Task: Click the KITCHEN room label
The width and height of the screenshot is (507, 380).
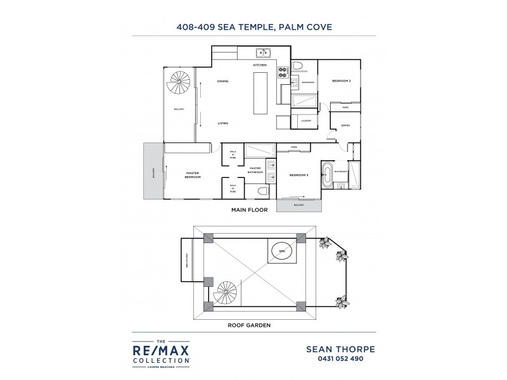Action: (260, 65)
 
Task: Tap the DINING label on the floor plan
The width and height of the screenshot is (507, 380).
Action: (222, 82)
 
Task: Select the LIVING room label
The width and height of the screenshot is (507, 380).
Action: (222, 123)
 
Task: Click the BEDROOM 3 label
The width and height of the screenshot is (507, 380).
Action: (298, 175)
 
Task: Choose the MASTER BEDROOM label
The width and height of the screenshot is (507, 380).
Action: (193, 175)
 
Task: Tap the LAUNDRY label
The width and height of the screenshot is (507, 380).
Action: (306, 120)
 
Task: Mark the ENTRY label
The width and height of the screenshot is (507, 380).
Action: (345, 125)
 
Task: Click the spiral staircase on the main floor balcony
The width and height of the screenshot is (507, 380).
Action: (179, 83)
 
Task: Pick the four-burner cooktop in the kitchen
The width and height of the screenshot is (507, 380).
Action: (282, 71)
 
